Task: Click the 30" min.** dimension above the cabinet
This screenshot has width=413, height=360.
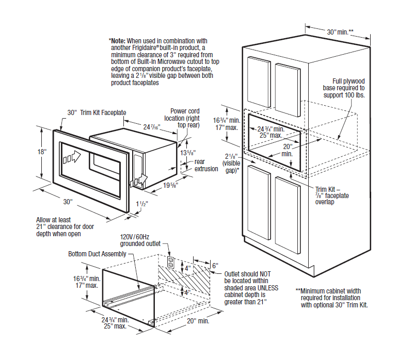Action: tap(340, 32)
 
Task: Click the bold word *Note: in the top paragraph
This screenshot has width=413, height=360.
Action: tap(117, 40)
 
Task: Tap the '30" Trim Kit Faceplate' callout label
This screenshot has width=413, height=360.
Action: tap(97, 112)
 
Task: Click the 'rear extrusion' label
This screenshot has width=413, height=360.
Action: tap(206, 165)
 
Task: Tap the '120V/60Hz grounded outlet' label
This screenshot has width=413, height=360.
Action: tap(140, 240)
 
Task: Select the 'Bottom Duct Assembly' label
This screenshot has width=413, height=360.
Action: tap(97, 254)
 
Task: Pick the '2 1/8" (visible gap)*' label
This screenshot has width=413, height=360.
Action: tap(231, 163)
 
